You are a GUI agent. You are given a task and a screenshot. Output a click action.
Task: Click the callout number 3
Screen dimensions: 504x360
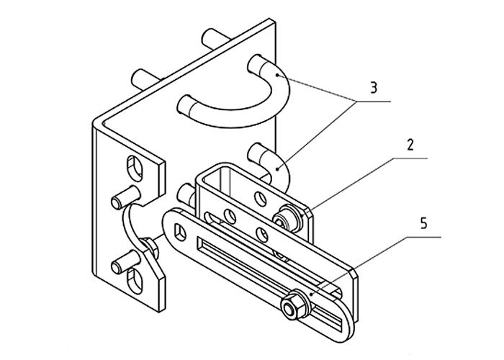pyautogui.click(x=373, y=88)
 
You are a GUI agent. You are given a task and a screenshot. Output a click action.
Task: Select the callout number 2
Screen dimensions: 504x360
pyautogui.click(x=410, y=145)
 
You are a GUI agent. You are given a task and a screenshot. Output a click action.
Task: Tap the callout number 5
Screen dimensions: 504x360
pyautogui.click(x=424, y=223)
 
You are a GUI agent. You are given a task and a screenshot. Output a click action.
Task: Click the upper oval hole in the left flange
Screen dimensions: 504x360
pyautogui.click(x=135, y=168)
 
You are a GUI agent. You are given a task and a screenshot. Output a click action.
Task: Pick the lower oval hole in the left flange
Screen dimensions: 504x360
pyautogui.click(x=135, y=280)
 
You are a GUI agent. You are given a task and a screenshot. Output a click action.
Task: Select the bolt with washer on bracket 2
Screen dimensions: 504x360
pyautogui.click(x=287, y=219)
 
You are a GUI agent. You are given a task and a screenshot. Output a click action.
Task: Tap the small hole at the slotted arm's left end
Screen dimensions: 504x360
pyautogui.click(x=180, y=232)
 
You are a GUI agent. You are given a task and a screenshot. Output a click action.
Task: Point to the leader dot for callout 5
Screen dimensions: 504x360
pyautogui.click(x=310, y=294)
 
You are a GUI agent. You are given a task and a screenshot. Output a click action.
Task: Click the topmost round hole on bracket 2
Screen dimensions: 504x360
pyautogui.click(x=261, y=199)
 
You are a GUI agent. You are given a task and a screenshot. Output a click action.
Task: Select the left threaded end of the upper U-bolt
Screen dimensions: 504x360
pyautogui.click(x=185, y=105)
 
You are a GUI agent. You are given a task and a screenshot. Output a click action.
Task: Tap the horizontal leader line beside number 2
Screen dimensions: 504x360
pyautogui.click(x=410, y=158)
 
